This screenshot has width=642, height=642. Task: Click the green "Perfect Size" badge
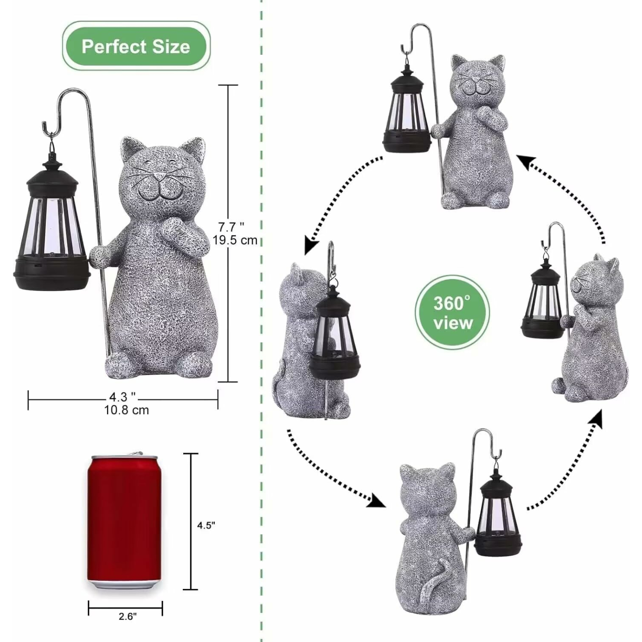[136, 46]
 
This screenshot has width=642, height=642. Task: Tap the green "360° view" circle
[452, 313]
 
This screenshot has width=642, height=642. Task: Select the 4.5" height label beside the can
[206, 525]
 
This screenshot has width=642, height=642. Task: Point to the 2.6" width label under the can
[128, 616]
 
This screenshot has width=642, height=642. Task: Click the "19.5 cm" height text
[235, 240]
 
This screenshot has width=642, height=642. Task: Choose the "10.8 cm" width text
[127, 410]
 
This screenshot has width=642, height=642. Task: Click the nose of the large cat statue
[157, 176]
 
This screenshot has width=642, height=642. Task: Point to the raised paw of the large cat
[174, 228]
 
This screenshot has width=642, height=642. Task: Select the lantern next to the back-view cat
[497, 517]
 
